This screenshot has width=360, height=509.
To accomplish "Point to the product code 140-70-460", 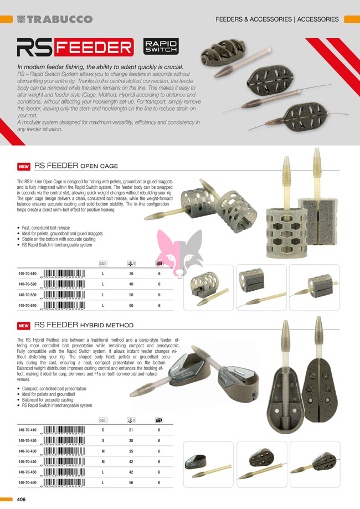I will [x=27, y=482].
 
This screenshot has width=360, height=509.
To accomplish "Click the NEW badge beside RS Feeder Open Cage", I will [x=23, y=166].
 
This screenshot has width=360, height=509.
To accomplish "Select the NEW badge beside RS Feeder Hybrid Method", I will [x=23, y=326].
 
